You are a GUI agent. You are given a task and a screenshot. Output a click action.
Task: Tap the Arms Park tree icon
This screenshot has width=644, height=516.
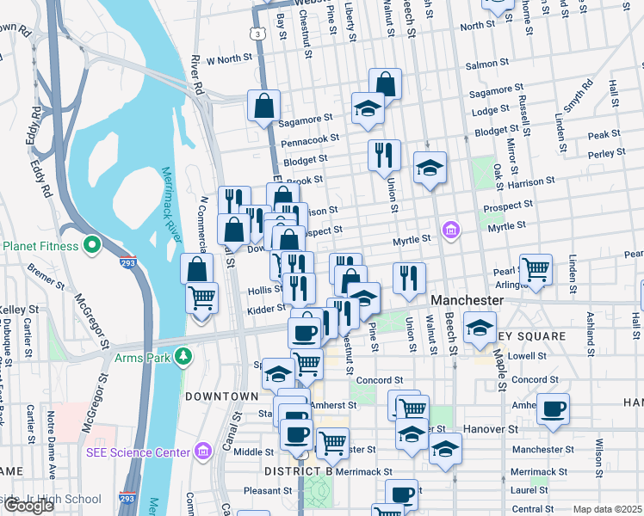tap(183, 356)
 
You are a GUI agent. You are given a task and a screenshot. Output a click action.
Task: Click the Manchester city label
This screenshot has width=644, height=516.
tap(466, 300)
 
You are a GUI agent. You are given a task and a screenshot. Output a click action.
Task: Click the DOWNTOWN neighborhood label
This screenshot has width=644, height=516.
tap(221, 396)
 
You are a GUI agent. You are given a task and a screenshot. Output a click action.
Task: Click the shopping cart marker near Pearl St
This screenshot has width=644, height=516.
tap(536, 269)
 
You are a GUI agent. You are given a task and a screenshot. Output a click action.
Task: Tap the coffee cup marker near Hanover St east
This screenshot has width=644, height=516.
tap(553, 408)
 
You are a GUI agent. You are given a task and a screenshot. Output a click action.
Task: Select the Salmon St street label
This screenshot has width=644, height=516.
tap(482, 64)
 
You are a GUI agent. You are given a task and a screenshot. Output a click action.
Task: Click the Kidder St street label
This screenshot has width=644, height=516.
tap(264, 309)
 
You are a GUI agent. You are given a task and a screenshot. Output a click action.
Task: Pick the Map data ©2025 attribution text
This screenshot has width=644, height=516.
tap(608, 509)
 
